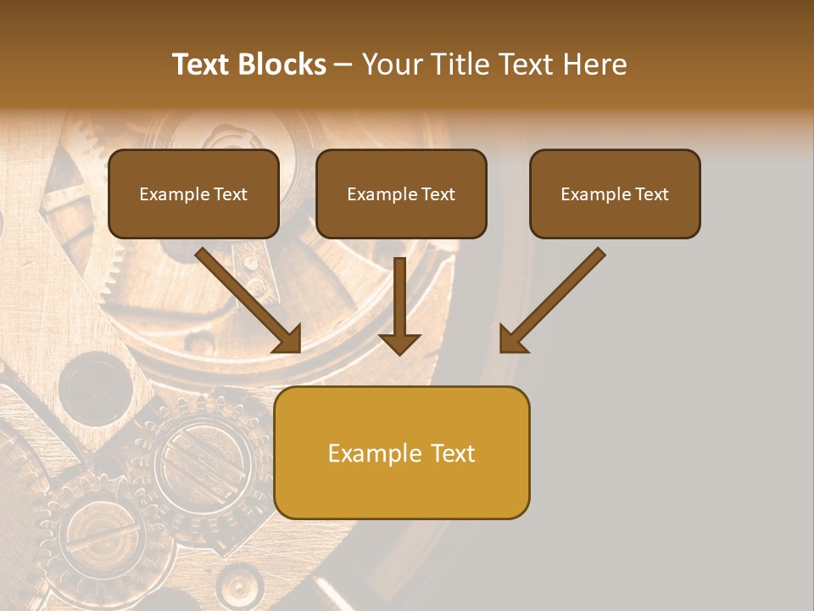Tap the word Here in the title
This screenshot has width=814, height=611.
tap(594, 64)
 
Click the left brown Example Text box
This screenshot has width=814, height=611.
tap(193, 193)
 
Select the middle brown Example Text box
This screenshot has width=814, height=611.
tap(401, 193)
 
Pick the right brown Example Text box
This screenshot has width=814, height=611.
tap(615, 193)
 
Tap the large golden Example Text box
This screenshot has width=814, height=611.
tap(402, 452)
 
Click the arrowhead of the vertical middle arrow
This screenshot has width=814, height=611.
tap(399, 343)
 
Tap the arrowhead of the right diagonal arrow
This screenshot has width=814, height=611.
tap(511, 340)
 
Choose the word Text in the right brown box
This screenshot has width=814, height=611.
tap(651, 194)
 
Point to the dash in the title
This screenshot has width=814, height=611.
tap(343, 64)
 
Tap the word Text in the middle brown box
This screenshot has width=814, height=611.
tap(438, 194)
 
